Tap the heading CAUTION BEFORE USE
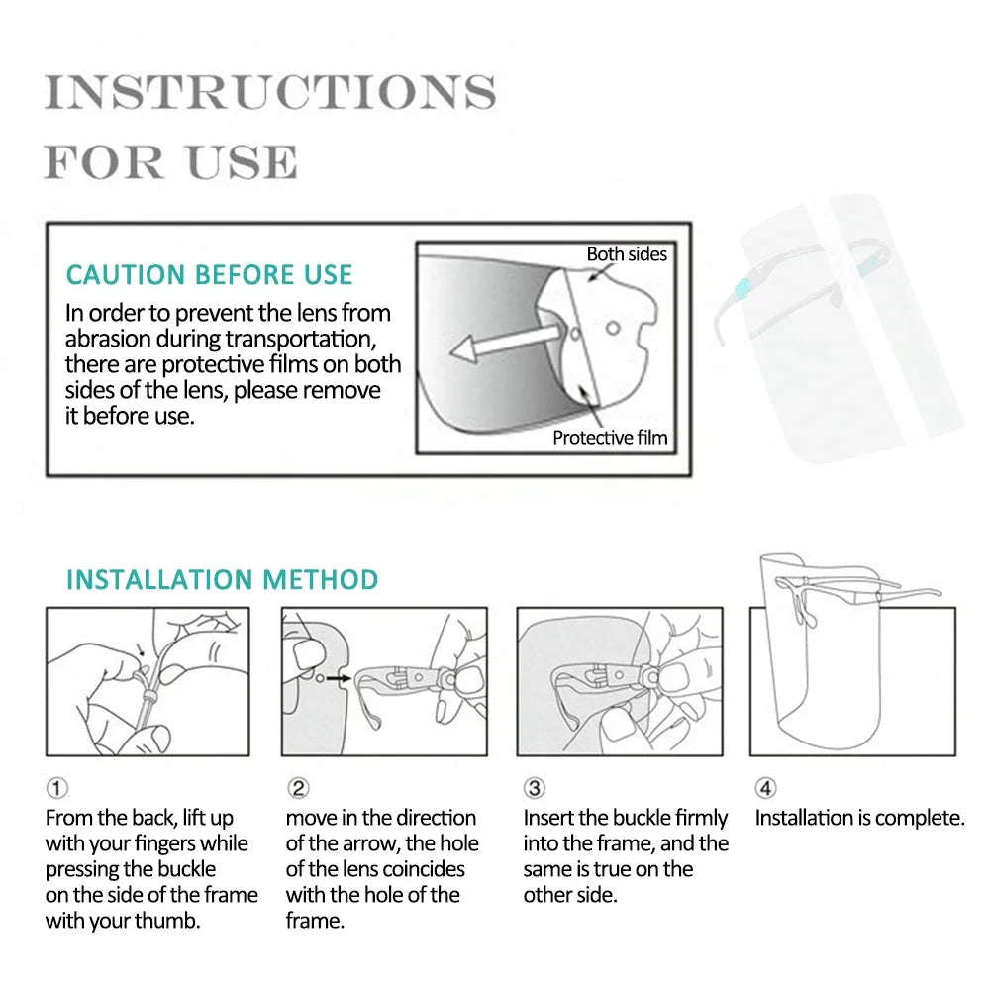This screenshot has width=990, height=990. pos(209,274)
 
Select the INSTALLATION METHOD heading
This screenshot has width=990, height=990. pos(222,579)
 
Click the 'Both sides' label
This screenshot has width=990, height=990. pos(627,254)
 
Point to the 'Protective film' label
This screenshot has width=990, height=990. pos(610,437)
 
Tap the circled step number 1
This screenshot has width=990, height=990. pos(57,788)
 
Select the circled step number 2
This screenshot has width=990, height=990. pos(298,788)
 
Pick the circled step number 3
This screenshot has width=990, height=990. pos(535,788)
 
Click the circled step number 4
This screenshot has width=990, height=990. pos(766,788)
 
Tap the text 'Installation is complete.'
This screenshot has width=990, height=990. pos(859,818)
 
